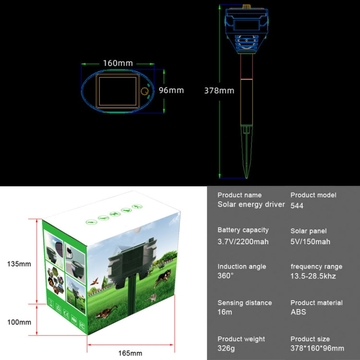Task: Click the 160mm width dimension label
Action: (x=118, y=63)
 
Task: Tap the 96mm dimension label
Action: (x=171, y=90)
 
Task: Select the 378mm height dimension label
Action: (x=219, y=90)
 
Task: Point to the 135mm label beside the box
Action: (x=19, y=264)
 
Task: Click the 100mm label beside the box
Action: (x=19, y=322)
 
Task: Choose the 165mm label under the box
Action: (x=130, y=353)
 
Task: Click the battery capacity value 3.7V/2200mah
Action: (x=243, y=241)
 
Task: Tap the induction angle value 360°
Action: (x=226, y=276)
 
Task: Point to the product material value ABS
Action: (x=298, y=312)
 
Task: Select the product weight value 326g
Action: (x=228, y=348)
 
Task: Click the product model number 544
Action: (x=297, y=205)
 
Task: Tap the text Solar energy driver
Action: (x=251, y=204)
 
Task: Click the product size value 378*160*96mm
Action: (x=317, y=348)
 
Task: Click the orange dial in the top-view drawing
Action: (x=144, y=92)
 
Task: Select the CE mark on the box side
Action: (x=59, y=308)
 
